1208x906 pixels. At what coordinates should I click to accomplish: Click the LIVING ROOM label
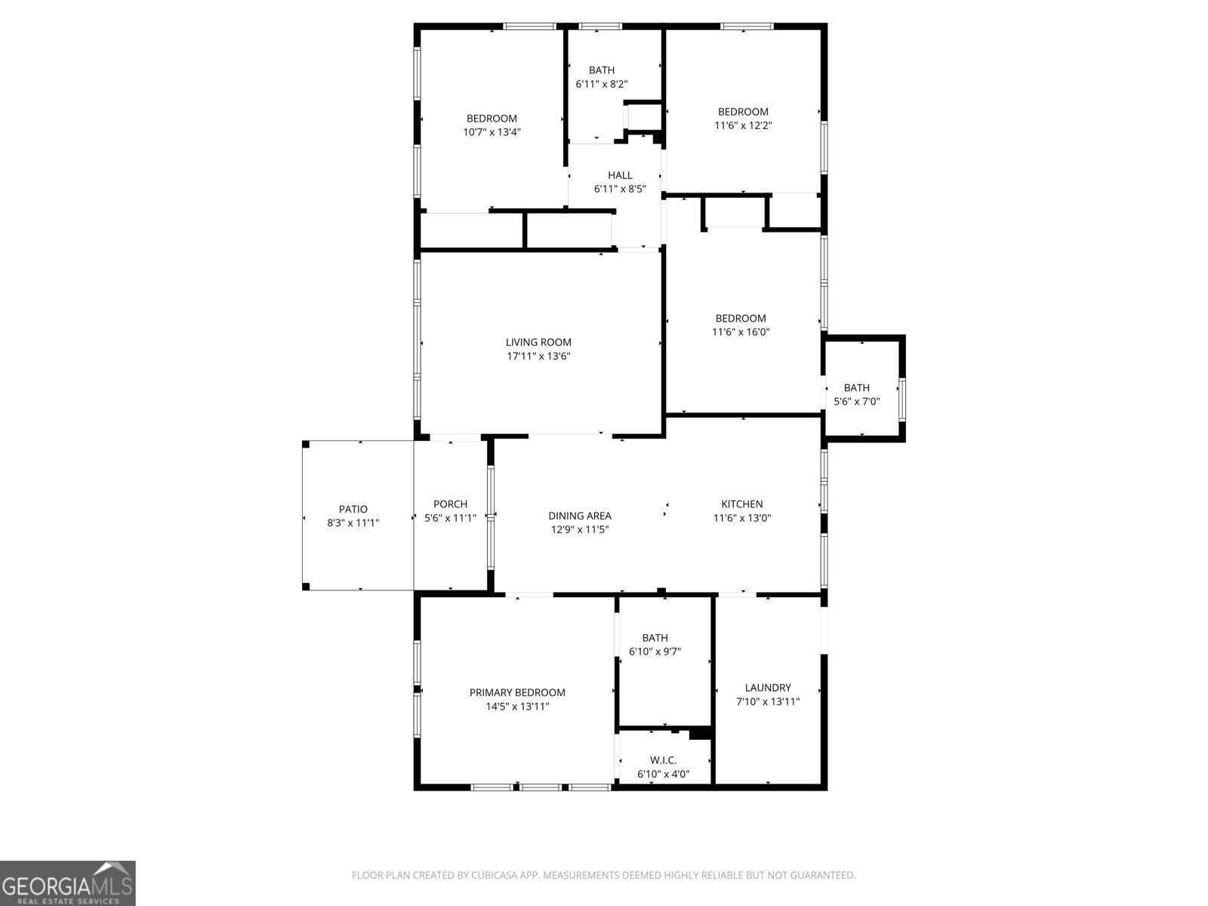click(x=538, y=342)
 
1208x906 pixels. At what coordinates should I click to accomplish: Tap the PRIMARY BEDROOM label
click(x=517, y=692)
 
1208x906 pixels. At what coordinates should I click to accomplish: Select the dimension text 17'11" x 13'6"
click(x=538, y=356)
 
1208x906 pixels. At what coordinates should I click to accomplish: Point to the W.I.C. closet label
click(x=663, y=760)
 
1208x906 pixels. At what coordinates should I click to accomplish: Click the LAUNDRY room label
click(x=768, y=688)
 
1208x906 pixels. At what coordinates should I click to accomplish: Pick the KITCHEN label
click(x=742, y=504)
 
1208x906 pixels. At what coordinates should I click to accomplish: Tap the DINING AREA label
click(x=580, y=516)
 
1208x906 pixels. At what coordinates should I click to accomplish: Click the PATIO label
click(x=353, y=509)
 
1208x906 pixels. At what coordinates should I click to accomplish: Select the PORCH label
click(x=450, y=504)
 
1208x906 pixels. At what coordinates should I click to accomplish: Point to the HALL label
click(x=620, y=175)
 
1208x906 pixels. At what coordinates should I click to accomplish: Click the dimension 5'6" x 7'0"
click(x=856, y=402)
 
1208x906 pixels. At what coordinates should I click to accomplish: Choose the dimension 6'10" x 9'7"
click(x=655, y=652)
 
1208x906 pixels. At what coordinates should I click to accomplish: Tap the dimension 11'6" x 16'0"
click(x=741, y=332)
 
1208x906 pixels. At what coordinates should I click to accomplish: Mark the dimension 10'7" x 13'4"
click(x=492, y=132)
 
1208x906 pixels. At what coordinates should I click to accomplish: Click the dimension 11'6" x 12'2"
click(x=743, y=125)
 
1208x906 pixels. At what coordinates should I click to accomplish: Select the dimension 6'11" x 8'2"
click(x=602, y=85)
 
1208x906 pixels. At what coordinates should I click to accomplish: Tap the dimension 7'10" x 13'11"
click(x=768, y=701)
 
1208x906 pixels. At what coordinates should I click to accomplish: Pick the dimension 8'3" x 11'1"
click(x=353, y=522)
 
